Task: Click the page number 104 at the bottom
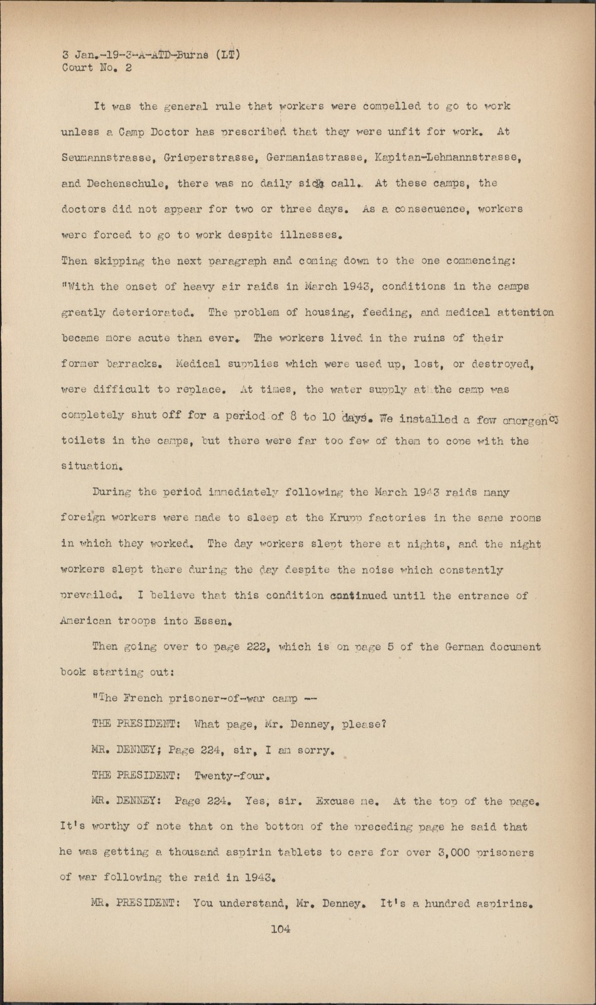(280, 929)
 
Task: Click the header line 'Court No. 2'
(97, 68)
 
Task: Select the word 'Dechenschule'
(131, 183)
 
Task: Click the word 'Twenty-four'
(232, 776)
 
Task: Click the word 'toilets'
(84, 440)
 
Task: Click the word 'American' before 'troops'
(85, 621)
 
